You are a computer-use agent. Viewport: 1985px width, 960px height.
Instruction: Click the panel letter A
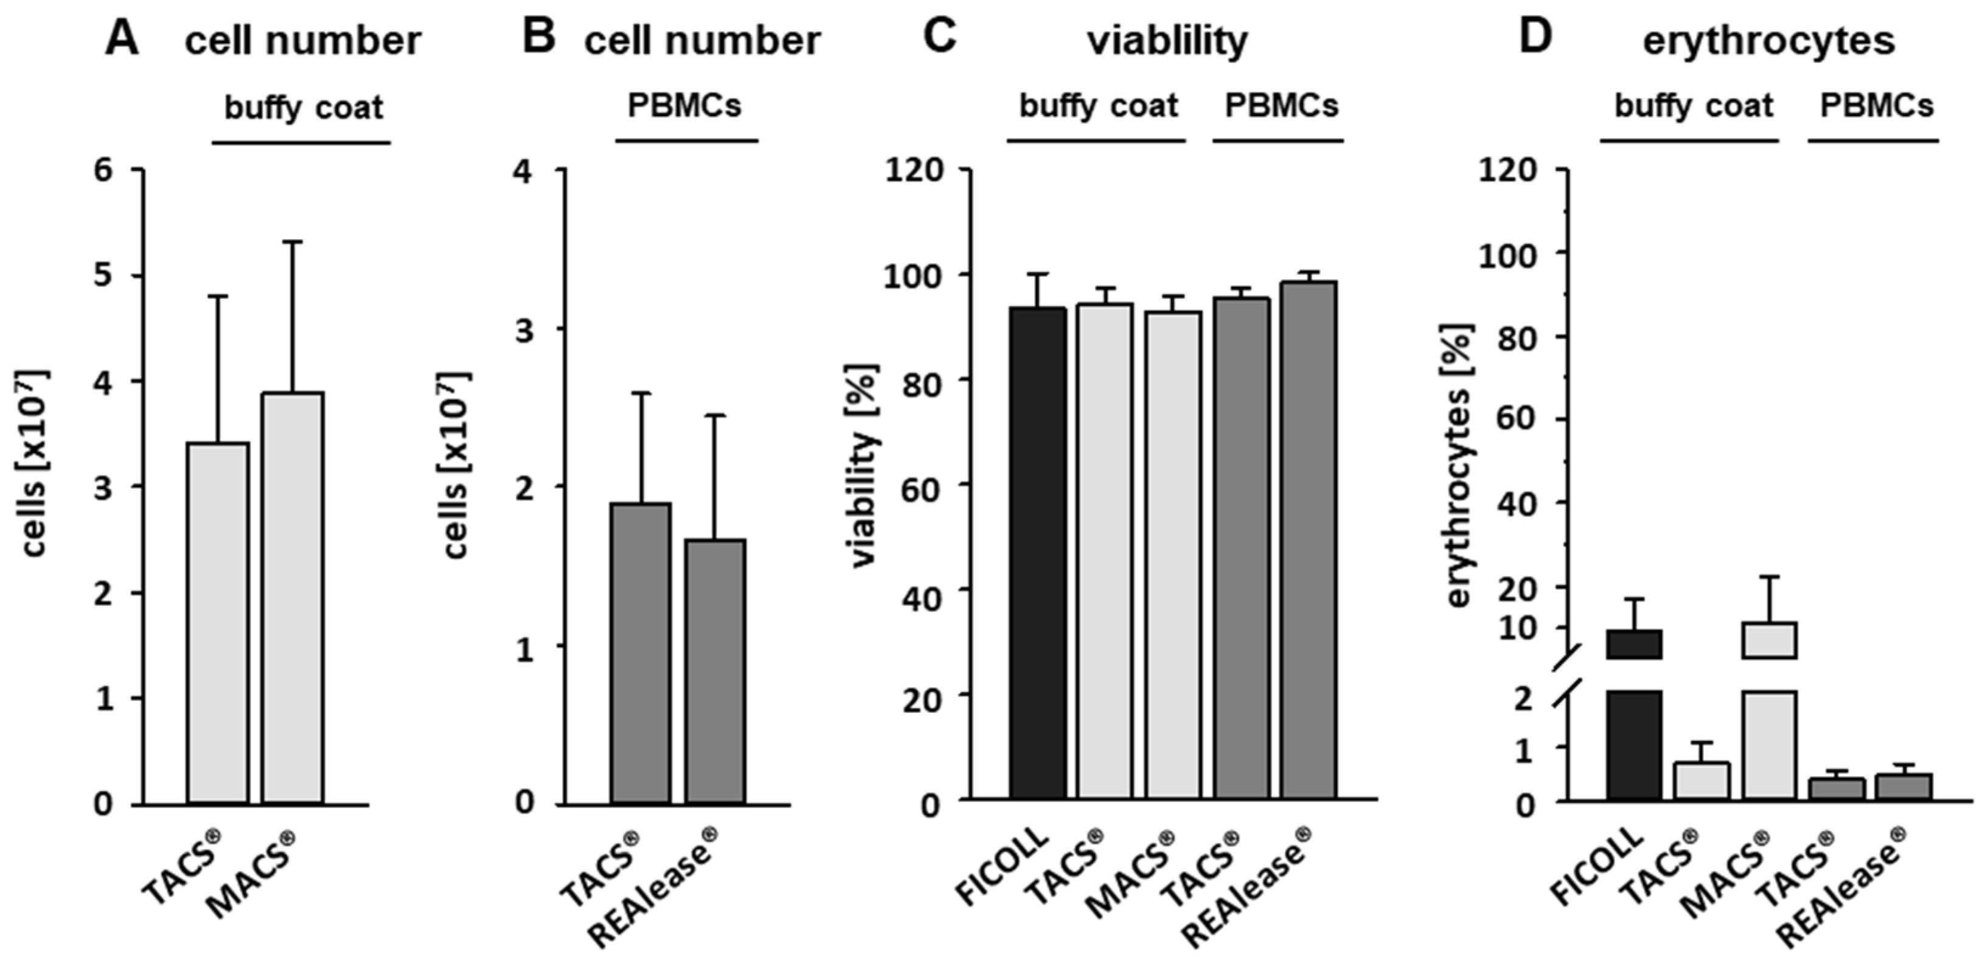pos(122,38)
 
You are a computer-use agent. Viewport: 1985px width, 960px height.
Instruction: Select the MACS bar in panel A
pos(292,598)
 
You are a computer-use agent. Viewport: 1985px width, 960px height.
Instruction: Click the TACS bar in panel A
pos(218,623)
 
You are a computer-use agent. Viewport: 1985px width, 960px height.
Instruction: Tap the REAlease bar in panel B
pos(715,671)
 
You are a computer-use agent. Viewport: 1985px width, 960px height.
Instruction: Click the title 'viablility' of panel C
pos(1167,40)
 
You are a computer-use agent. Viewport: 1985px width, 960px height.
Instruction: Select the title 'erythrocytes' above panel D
pos(1768,40)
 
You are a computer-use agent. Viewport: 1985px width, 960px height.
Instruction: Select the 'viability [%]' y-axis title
pos(864,466)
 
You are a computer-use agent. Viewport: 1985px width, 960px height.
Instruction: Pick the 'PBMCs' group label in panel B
pos(684,106)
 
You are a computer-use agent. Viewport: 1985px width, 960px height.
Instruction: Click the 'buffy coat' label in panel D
pos(1693,106)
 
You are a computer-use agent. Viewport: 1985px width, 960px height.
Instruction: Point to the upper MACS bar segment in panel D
pos(1769,640)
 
